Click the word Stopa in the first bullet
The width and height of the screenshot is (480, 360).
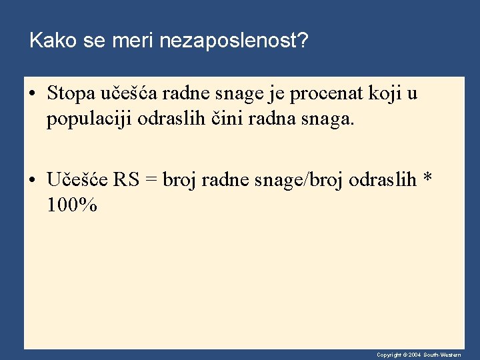tap(70, 93)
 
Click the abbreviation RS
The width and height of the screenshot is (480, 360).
tap(125, 179)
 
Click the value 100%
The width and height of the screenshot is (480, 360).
tap(72, 205)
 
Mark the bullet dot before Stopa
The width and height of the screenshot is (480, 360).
tap(33, 94)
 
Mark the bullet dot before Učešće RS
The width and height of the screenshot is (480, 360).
tap(33, 180)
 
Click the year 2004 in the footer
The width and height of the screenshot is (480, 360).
tap(414, 355)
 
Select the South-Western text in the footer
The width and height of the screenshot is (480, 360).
tap(441, 355)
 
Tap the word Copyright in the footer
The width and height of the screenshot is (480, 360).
tap(388, 355)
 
